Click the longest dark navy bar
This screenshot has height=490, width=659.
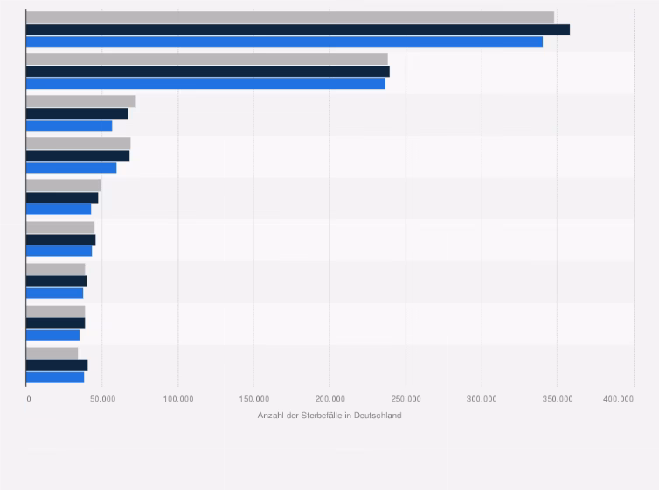tap(297, 30)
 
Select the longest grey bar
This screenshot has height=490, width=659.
tap(289, 17)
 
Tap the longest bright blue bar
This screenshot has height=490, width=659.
tap(284, 42)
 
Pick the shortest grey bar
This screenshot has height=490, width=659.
tap(52, 353)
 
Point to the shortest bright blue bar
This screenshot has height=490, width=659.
tap(52, 335)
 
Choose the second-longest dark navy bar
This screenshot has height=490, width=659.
tap(207, 72)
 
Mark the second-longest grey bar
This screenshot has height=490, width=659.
tap(206, 59)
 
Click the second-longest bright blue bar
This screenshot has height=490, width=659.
tap(205, 84)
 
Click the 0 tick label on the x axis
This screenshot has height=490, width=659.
tap(28, 399)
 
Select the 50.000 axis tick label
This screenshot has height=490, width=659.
tap(102, 399)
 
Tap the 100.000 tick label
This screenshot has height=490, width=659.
tap(178, 399)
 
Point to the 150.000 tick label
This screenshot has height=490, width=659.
tap(254, 399)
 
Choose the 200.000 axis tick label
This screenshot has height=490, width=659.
tap(330, 399)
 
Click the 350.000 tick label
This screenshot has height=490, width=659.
tap(558, 399)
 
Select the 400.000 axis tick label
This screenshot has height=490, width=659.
tap(619, 399)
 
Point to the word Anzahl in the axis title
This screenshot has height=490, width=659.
tap(270, 416)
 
